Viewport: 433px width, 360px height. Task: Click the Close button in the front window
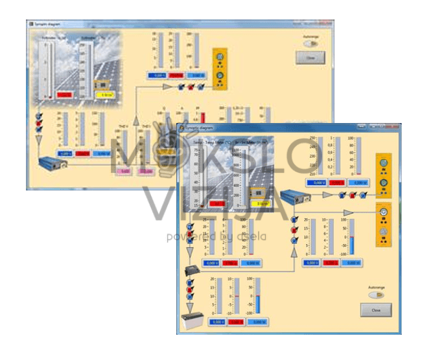(376, 309)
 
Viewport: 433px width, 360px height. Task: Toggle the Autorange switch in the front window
(376, 295)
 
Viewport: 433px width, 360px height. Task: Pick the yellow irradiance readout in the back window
(104, 95)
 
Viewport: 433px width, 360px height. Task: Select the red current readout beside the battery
(235, 322)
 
